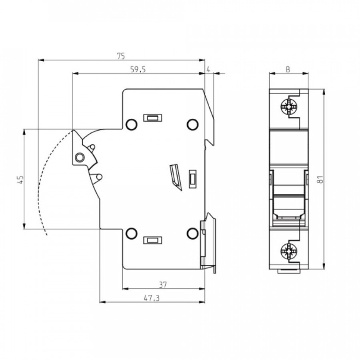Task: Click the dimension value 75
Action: click(121, 56)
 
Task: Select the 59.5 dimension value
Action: click(138, 69)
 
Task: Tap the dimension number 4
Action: click(208, 69)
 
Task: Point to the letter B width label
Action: click(288, 69)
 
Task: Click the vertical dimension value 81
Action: click(320, 179)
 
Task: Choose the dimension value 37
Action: click(163, 285)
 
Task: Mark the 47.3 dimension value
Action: click(152, 298)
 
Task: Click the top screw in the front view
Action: click(288, 107)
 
